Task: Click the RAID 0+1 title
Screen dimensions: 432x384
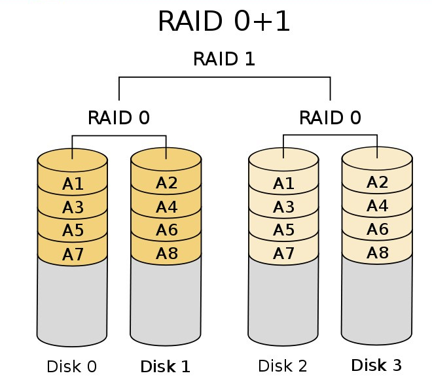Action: click(x=224, y=21)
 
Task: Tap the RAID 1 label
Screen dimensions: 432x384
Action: click(x=224, y=59)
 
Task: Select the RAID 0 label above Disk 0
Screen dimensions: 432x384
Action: click(x=118, y=118)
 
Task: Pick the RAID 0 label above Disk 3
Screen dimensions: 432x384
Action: click(x=330, y=118)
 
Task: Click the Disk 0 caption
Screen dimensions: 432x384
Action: click(x=71, y=366)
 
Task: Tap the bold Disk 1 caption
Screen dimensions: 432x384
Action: click(x=166, y=366)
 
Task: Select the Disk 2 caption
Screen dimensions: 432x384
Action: click(x=283, y=366)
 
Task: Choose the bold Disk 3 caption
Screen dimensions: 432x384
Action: click(x=376, y=365)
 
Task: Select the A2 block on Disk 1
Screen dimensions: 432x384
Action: click(x=166, y=183)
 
